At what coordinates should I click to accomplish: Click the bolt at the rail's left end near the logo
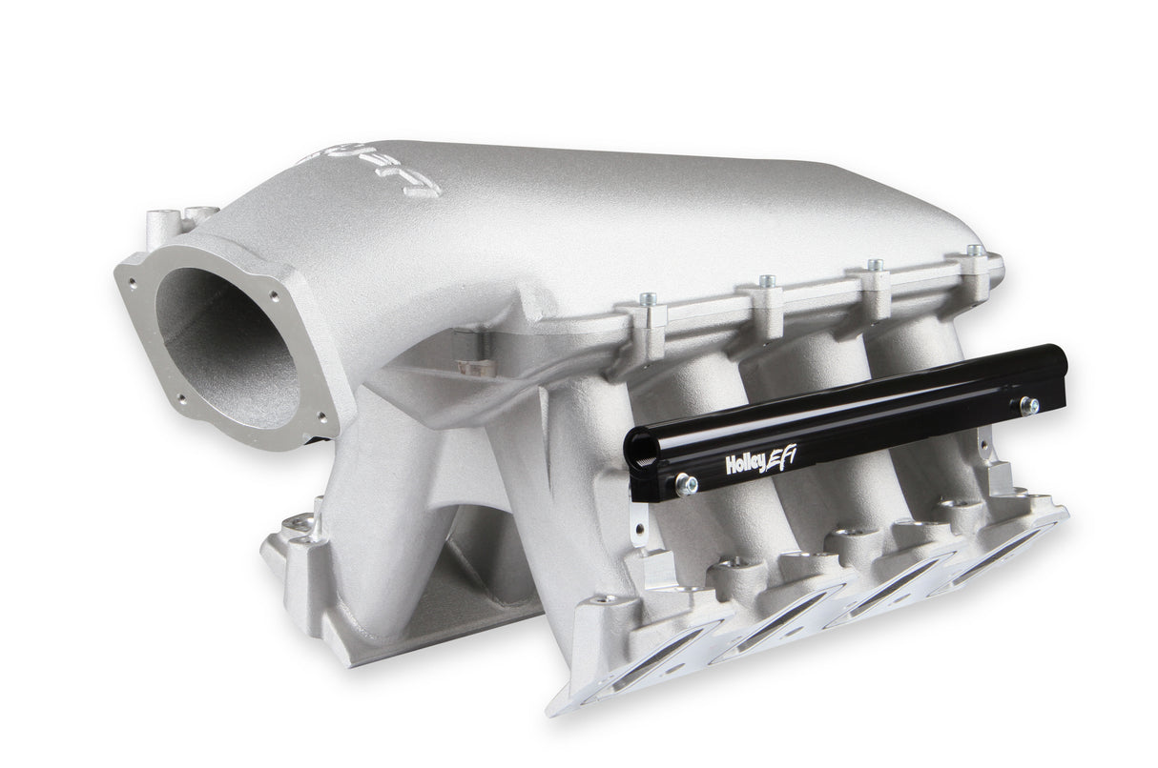pyautogui.click(x=685, y=485)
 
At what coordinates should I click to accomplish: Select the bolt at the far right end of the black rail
pyautogui.click(x=1029, y=405)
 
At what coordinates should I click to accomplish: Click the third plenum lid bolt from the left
pyautogui.click(x=873, y=268)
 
